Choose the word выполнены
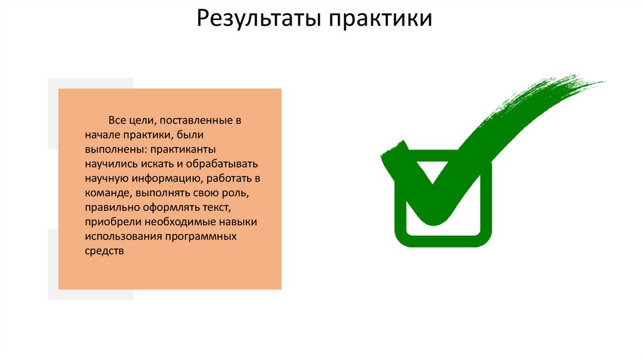pyautogui.click(x=113, y=149)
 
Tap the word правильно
pyautogui.click(x=108, y=208)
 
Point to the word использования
pyautogui.click(x=123, y=237)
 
